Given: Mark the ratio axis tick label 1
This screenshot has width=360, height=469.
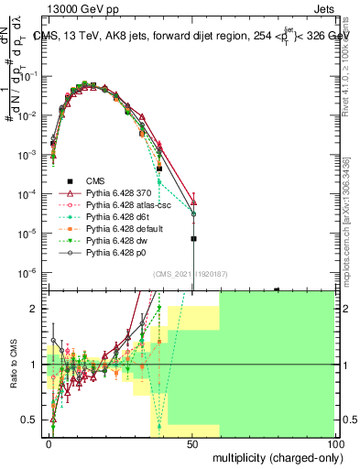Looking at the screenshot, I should [38, 365].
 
